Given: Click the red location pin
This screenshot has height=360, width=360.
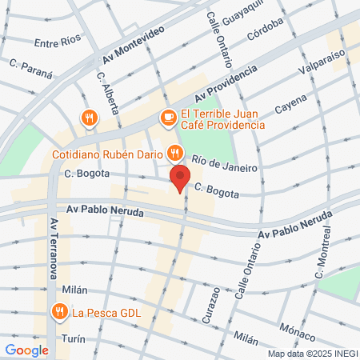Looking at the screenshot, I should pyautogui.click(x=180, y=178).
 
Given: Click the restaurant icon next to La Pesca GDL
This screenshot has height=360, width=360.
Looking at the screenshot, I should pyautogui.click(x=59, y=311).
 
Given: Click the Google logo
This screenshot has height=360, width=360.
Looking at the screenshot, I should pyautogui.click(x=26, y=350).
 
